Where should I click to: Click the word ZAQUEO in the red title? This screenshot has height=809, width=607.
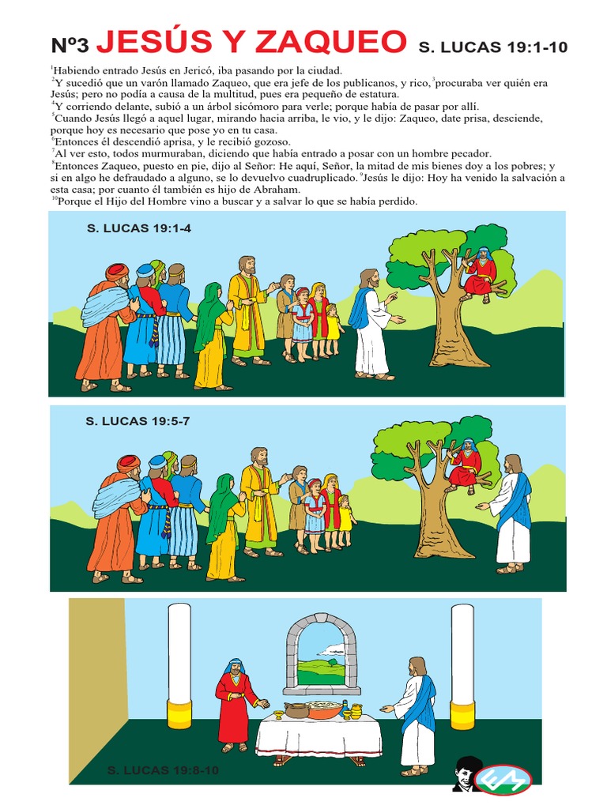tap(334, 41)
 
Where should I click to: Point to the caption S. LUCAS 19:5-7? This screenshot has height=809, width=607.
tap(138, 421)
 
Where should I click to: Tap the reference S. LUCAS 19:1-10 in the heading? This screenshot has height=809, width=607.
tap(492, 47)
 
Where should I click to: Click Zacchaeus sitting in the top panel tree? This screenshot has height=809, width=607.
tap(481, 273)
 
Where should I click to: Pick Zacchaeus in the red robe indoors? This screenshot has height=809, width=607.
tap(235, 703)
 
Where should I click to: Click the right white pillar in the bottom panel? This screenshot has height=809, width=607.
tap(462, 660)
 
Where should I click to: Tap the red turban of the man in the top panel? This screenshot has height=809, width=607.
tap(117, 271)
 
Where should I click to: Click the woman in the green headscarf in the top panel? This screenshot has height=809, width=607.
tap(211, 336)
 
